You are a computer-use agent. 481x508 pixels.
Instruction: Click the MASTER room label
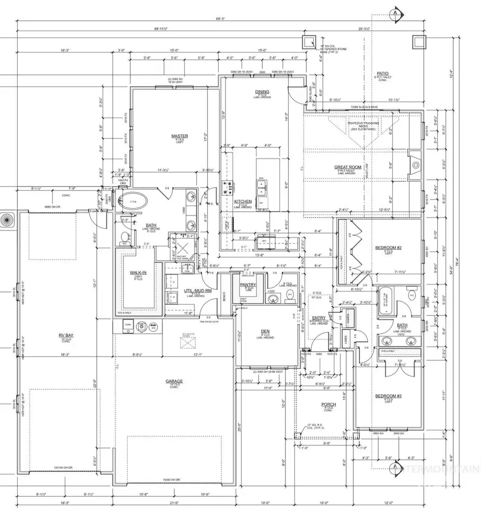coord(180,136)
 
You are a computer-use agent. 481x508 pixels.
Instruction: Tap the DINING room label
coord(262,91)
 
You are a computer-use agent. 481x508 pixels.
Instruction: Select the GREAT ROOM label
coord(348,167)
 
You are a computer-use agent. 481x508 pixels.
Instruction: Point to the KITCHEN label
coord(243,202)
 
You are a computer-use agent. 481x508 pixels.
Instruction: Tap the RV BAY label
coord(66,336)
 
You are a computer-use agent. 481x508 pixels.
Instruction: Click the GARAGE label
coord(174,381)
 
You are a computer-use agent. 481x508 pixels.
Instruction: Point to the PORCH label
coord(328,404)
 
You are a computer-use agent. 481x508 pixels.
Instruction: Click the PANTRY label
coord(249,285)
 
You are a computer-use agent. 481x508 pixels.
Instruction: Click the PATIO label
coord(382,73)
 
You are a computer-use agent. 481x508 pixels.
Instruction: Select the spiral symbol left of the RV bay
coord(8,220)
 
